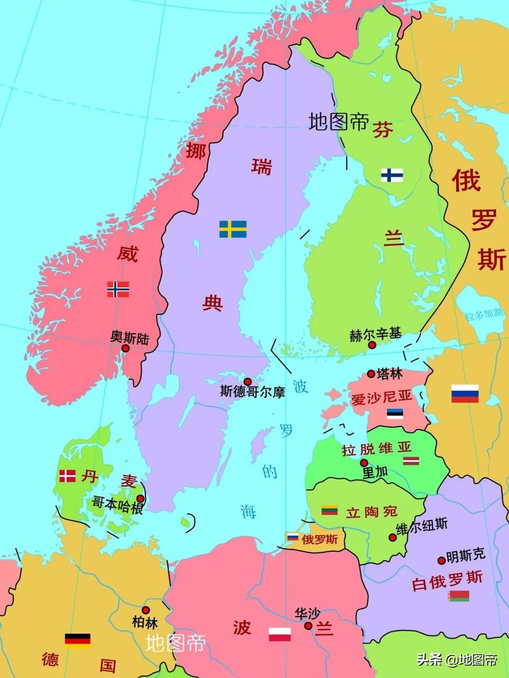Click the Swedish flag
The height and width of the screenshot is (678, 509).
[233, 229]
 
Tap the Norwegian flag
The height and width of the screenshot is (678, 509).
[118, 289]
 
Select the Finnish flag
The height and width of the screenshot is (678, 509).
[392, 175]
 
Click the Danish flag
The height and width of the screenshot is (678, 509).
[67, 476]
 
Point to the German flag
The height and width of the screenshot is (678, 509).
[78, 641]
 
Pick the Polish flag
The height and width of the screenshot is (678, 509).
[280, 634]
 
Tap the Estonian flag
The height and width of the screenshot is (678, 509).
[395, 414]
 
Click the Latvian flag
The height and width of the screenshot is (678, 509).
[411, 460]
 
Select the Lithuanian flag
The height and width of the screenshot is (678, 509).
[329, 510]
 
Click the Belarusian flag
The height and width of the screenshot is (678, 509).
[459, 596]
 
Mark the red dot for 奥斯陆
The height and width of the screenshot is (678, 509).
[125, 348]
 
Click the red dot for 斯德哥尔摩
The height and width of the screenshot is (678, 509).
[247, 381]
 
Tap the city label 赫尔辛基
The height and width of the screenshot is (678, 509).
[375, 335]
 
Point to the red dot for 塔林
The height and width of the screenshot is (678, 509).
[371, 374]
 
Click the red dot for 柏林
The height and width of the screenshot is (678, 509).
[146, 610]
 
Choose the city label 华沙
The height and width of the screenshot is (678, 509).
[307, 614]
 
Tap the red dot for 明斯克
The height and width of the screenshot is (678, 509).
[441, 560]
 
